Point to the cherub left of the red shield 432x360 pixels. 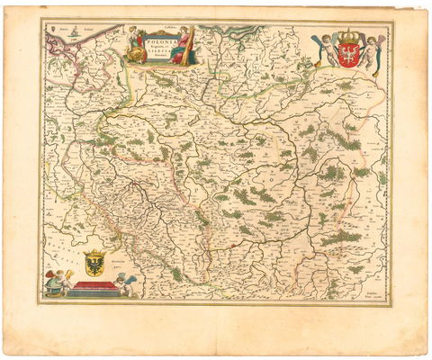pyautogui.click(x=327, y=49)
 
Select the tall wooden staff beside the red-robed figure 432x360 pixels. pyautogui.click(x=191, y=45)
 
